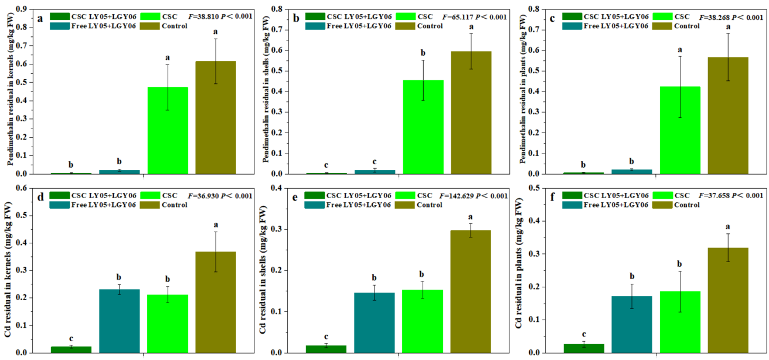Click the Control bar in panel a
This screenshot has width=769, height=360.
tap(216, 117)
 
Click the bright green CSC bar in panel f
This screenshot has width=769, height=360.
tap(680, 322)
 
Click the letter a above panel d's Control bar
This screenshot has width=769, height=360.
tap(216, 225)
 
